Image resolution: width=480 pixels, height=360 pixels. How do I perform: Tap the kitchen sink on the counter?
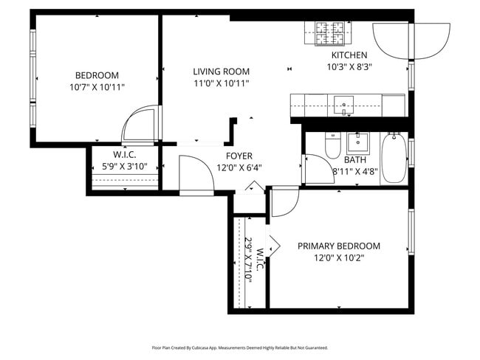point(343,105)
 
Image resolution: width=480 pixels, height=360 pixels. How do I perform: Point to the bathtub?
point(393,159)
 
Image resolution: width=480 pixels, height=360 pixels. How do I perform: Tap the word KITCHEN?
point(349,55)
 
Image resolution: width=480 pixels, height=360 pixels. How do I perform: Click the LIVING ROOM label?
point(222,72)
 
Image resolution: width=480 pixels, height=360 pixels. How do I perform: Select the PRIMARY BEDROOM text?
point(338,246)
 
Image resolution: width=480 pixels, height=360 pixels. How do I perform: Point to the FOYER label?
point(239,156)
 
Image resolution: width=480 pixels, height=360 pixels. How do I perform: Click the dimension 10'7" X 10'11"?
point(97,86)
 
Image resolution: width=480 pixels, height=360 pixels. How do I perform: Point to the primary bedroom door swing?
point(284,201)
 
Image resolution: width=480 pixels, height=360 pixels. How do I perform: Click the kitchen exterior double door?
point(411,40)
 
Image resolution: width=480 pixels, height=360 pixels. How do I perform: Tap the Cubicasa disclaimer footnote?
point(239,347)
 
